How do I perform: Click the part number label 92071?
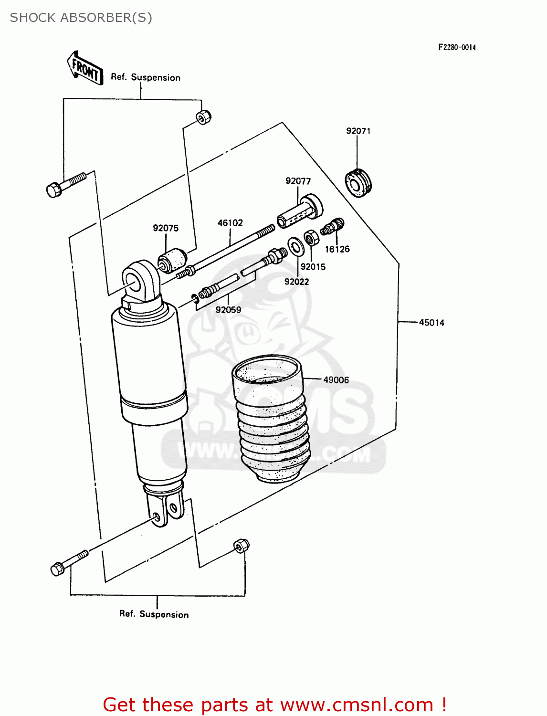point(358,131)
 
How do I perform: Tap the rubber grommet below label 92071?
point(358,183)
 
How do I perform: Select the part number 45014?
point(431,323)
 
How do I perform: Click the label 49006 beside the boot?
point(336,380)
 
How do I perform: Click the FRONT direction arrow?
point(85,69)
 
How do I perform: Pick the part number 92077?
point(298,181)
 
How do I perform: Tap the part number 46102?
point(230,223)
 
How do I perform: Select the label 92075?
point(166,228)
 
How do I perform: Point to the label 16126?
point(337,249)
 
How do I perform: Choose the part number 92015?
point(313,267)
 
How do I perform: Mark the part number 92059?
point(228,310)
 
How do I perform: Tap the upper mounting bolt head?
point(54,190)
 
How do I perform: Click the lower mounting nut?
point(241,545)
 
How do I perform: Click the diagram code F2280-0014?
point(457,47)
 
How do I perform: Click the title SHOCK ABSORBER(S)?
point(81,18)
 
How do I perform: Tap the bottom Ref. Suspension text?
point(154,614)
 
